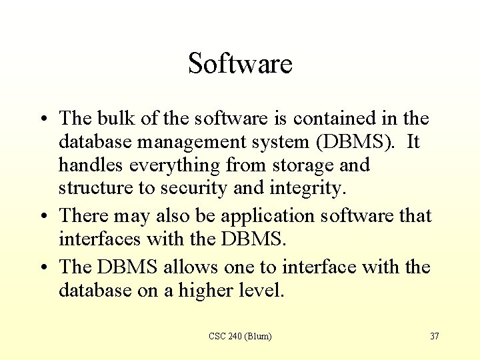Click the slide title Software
pos(240,64)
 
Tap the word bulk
pos(116,119)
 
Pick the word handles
pos(85,165)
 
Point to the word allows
pos(186,267)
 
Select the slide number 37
pos(434,336)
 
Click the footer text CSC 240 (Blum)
pos(240,336)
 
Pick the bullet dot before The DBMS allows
pos(43,268)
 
